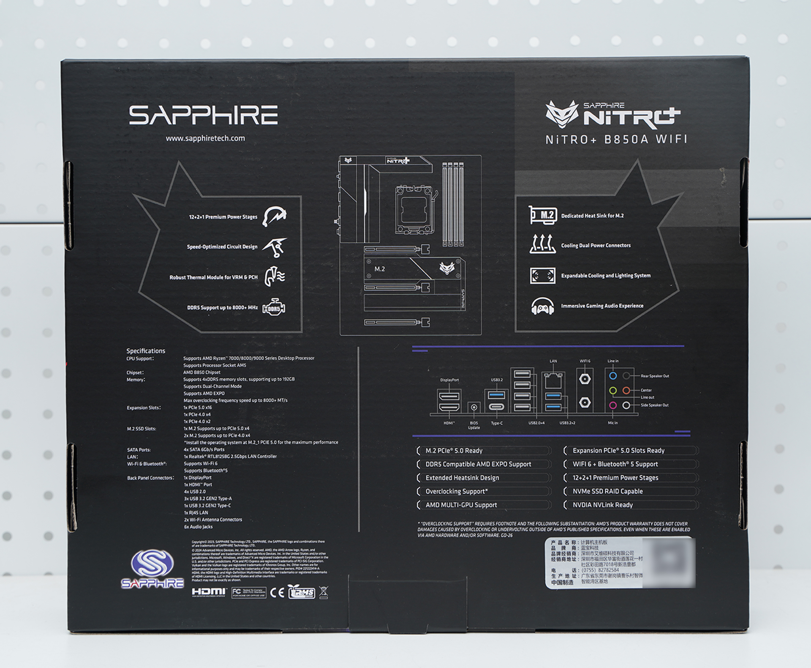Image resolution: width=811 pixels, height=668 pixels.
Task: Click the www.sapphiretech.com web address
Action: pyautogui.click(x=205, y=138)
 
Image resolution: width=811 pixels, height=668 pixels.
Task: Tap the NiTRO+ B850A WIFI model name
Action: pyautogui.click(x=616, y=140)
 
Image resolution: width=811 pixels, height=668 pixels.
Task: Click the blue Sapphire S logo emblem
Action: pyautogui.click(x=152, y=563)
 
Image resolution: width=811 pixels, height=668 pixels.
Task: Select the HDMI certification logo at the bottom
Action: pyautogui.click(x=209, y=592)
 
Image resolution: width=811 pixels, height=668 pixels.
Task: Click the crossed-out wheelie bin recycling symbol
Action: pyautogui.click(x=324, y=592)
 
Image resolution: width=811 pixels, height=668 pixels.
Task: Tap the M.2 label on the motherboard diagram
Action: pyautogui.click(x=379, y=269)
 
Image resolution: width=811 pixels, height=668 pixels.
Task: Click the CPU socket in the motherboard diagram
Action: pyautogui.click(x=414, y=210)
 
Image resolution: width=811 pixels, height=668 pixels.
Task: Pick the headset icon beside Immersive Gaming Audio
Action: pyautogui.click(x=542, y=306)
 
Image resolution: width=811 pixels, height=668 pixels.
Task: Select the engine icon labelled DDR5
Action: pyautogui.click(x=274, y=308)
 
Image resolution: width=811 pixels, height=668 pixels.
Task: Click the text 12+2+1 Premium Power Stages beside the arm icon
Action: pyautogui.click(x=223, y=217)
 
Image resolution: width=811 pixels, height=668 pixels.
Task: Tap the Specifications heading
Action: pyautogui.click(x=146, y=351)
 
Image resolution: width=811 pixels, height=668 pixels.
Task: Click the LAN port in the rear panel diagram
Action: pyautogui.click(x=553, y=381)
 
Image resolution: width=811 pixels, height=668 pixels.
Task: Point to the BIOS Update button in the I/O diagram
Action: pyautogui.click(x=474, y=408)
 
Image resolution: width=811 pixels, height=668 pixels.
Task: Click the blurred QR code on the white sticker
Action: pyautogui.click(x=669, y=562)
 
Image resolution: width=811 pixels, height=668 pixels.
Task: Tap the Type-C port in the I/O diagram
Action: pyautogui.click(x=496, y=407)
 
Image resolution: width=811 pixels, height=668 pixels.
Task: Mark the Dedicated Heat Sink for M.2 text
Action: pyautogui.click(x=592, y=216)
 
